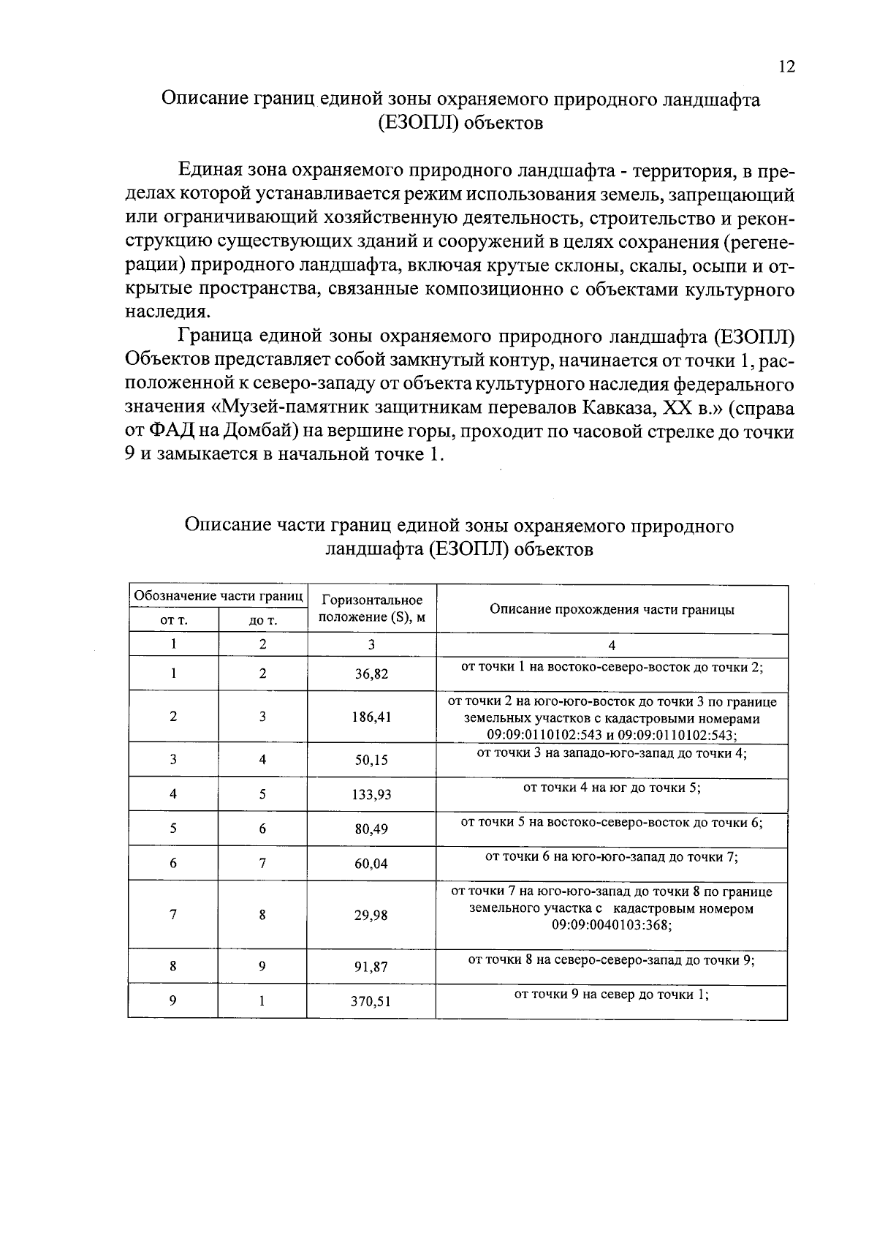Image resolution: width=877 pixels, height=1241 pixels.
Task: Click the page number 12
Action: click(x=786, y=67)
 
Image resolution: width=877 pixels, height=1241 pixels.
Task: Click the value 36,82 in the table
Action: click(x=371, y=674)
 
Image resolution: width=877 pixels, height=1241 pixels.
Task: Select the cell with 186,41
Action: click(x=371, y=717)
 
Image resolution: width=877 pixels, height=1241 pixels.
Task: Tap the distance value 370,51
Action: click(x=371, y=1002)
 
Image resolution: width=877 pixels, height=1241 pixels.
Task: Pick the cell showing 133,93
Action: click(x=371, y=795)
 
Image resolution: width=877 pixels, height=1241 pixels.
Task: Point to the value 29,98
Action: click(x=371, y=916)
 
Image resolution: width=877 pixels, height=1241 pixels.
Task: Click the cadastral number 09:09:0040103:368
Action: click(x=612, y=925)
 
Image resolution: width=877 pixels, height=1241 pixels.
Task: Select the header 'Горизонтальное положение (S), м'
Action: click(x=371, y=609)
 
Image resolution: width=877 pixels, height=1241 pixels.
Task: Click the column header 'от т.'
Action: click(x=173, y=621)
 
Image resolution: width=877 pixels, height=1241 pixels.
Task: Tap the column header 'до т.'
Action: click(x=262, y=621)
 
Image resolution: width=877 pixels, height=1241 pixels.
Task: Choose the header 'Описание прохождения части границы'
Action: click(x=612, y=610)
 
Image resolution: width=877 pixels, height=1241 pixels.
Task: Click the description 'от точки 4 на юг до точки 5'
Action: click(x=612, y=788)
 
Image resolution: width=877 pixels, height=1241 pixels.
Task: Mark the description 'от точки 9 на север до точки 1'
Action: click(x=612, y=995)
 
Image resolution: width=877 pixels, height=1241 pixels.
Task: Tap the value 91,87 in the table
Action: click(x=371, y=967)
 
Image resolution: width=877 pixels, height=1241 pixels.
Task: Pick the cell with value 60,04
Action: click(x=371, y=864)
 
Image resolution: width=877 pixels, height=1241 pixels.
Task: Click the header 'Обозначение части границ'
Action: click(x=218, y=596)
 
